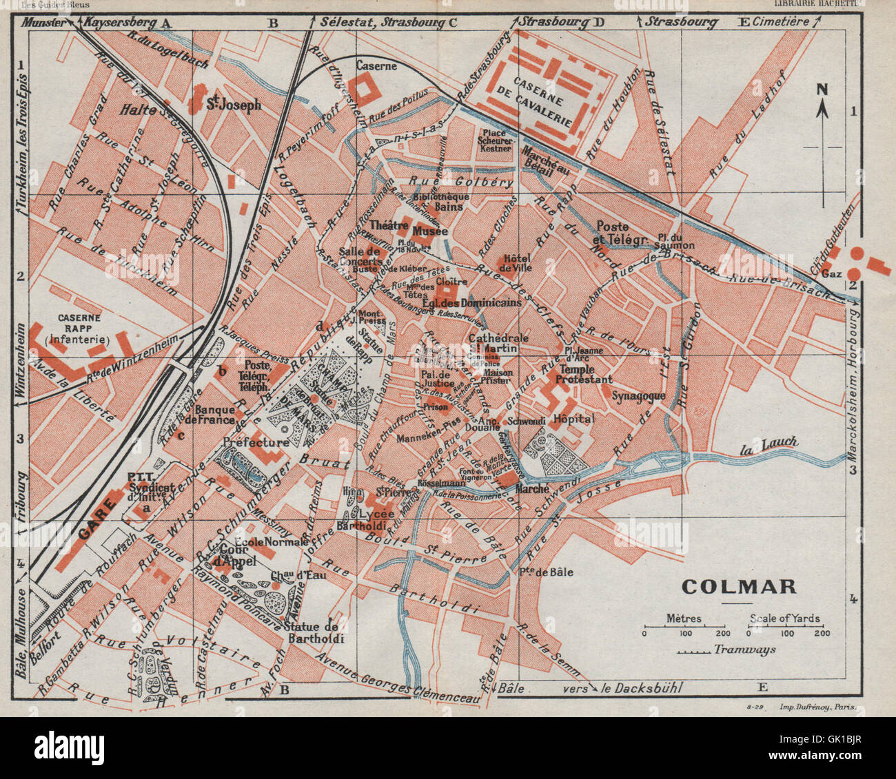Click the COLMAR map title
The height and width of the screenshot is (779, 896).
coord(739,586)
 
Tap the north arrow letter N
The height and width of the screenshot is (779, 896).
coord(822,89)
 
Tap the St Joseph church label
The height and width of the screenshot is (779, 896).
coord(234,105)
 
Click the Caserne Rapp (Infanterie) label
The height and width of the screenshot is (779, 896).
coord(79,329)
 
